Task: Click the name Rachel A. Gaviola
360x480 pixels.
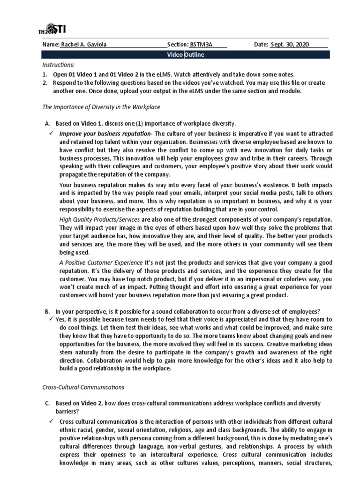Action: point(84,44)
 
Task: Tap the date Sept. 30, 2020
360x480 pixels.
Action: point(292,44)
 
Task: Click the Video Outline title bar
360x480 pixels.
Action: point(186,55)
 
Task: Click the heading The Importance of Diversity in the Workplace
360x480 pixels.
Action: point(101,107)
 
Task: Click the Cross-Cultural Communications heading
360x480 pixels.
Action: point(83,387)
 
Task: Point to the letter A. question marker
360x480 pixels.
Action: point(47,123)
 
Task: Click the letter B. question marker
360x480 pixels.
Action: point(47,311)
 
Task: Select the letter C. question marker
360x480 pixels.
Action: point(47,404)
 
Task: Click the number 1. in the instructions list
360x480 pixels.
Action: point(45,75)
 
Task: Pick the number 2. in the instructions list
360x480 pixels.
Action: point(45,83)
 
